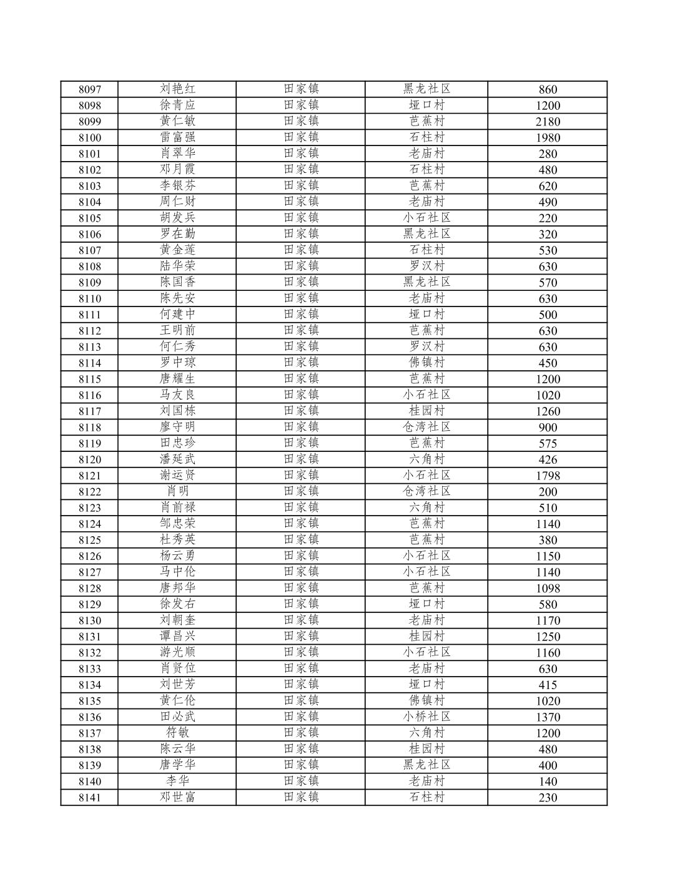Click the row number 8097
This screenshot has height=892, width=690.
coord(89,89)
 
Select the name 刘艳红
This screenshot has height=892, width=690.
coord(177,89)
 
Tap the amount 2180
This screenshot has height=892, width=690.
coord(547,122)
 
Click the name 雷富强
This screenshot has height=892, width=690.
coord(177,137)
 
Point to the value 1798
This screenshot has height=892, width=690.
coord(547,476)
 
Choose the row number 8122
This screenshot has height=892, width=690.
coord(89,492)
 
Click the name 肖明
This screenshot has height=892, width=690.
coord(177,491)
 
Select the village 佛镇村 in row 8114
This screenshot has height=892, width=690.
coord(426,363)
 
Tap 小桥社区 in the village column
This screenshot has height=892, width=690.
coord(426,717)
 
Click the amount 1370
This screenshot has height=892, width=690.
coord(547,717)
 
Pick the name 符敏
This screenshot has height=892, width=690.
coord(177,733)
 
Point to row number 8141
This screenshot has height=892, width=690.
coord(89,798)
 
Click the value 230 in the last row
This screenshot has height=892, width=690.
coord(547,798)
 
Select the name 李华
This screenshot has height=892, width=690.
coord(177,781)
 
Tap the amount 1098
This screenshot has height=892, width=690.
coord(547,588)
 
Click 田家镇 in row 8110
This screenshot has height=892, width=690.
coord(301,298)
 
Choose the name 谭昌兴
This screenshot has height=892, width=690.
coord(177,636)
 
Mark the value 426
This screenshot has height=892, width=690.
coord(547,459)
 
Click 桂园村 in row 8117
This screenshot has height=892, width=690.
coord(426,411)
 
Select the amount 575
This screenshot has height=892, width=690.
coord(547,443)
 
